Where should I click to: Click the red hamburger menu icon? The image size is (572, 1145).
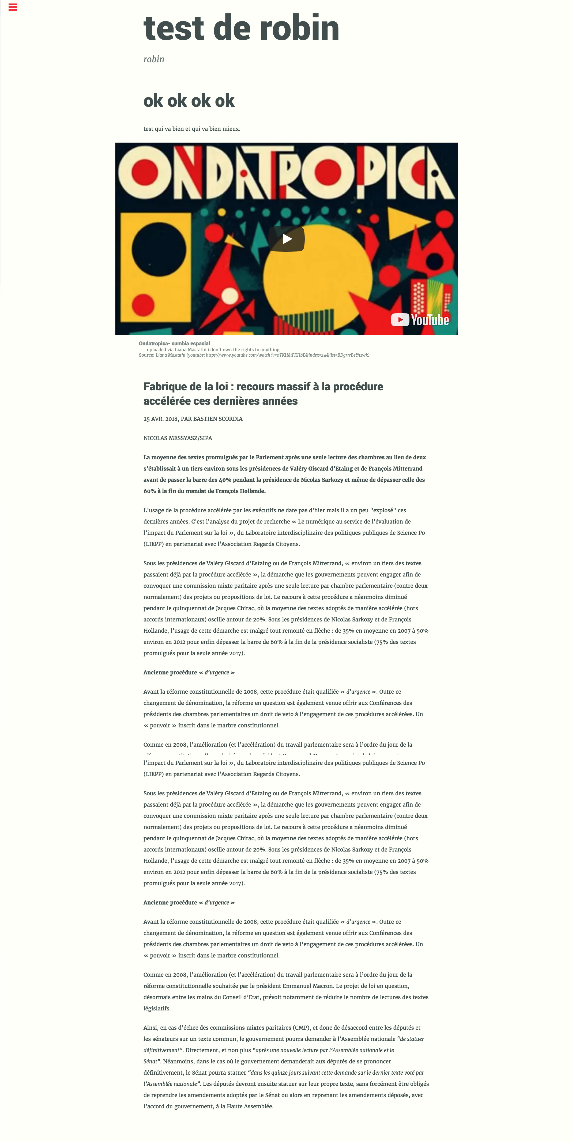[13, 7]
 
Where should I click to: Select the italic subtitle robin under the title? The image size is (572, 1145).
[153, 59]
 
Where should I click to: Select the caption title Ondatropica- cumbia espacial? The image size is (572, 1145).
[174, 343]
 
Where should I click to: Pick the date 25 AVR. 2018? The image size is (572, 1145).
[161, 419]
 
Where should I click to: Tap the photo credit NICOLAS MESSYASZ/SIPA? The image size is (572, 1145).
[178, 438]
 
